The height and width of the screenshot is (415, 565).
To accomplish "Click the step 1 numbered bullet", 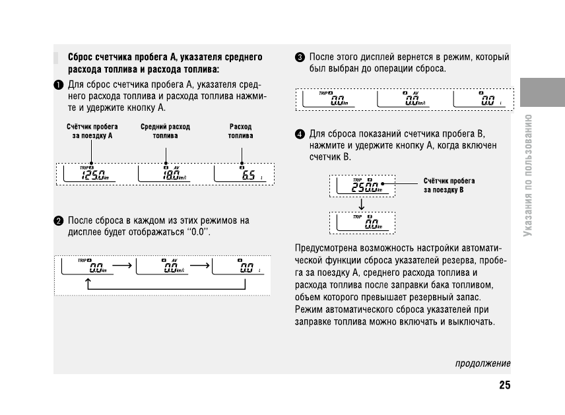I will pos(59,84).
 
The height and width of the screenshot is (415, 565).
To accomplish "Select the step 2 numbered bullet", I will pos(59,221).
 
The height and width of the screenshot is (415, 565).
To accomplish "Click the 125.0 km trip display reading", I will pos(95,176).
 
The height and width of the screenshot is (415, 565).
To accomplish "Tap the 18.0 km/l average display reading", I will pos(172,176).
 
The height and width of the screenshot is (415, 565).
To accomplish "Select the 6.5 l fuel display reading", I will pos(249,176).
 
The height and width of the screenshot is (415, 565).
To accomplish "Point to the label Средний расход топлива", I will pos(165,131).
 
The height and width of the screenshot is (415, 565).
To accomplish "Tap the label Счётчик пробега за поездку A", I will pos(92,131).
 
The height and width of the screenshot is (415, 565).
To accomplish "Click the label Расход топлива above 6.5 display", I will pos(240,131).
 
